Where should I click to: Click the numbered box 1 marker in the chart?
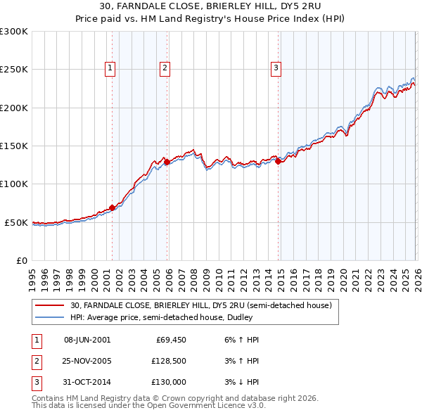tap(111, 68)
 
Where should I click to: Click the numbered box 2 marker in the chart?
tap(164, 68)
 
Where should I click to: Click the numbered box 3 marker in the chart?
tap(276, 68)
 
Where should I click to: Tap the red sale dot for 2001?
tap(112, 207)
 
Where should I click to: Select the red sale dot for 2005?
tap(167, 162)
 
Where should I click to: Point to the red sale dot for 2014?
tap(279, 161)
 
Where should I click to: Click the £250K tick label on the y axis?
tap(14, 70)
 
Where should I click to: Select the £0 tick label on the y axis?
tap(21, 260)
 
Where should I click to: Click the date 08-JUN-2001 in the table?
tap(87, 340)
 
